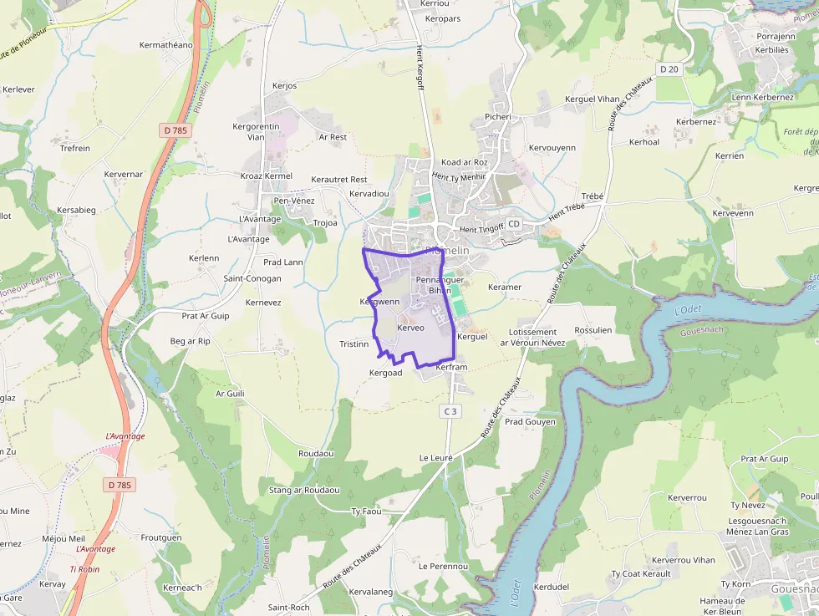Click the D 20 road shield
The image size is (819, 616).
(667, 69)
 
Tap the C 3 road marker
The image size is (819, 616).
(450, 410)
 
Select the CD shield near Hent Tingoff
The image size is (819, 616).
(513, 224)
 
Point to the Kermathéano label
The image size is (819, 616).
(166, 45)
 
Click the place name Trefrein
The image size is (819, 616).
(75, 148)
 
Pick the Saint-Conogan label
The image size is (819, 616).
(252, 278)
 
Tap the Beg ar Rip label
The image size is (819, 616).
(191, 341)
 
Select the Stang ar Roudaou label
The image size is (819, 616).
(304, 490)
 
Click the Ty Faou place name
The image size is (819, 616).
(366, 511)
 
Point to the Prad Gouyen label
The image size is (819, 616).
(530, 421)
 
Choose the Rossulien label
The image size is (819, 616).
(593, 330)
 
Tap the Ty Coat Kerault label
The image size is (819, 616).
(641, 573)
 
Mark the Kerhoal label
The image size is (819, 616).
(644, 142)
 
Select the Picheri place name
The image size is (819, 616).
(498, 117)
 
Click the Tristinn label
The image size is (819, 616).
(354, 344)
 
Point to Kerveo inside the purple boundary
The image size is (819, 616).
(411, 328)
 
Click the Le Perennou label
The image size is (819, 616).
(443, 566)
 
